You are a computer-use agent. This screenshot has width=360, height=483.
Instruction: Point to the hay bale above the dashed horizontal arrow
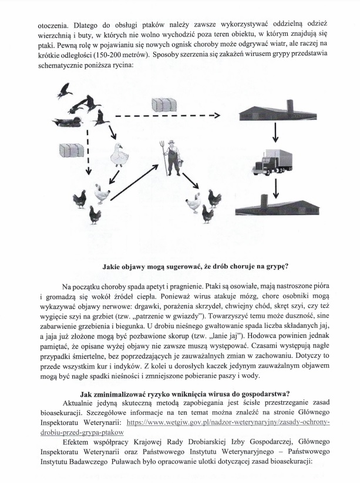tap(164, 105)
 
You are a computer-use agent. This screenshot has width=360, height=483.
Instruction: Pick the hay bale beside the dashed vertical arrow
tap(72, 149)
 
